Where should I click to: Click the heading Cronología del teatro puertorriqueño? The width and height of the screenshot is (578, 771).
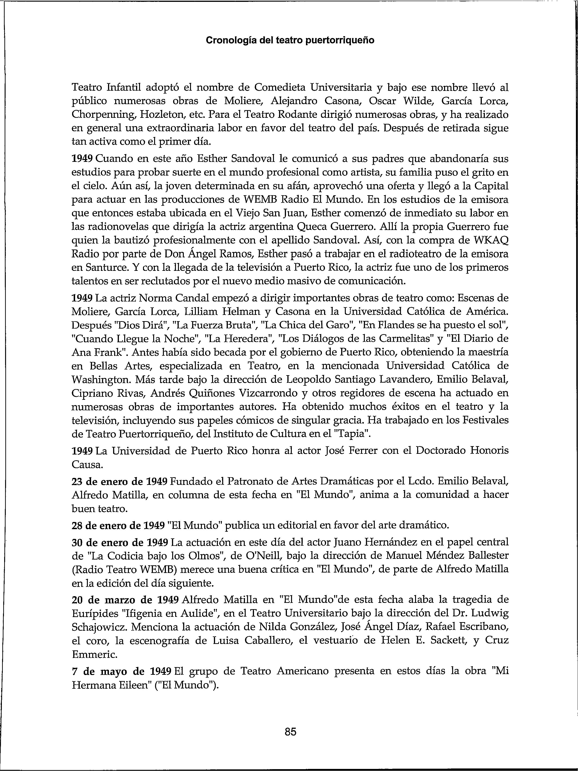coord(290,40)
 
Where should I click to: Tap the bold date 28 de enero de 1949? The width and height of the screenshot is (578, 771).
coord(118,525)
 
